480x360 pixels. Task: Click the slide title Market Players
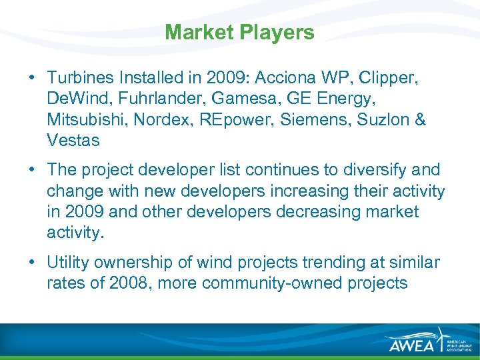click(239, 32)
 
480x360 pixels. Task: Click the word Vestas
click(73, 141)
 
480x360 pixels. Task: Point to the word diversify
click(371, 171)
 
